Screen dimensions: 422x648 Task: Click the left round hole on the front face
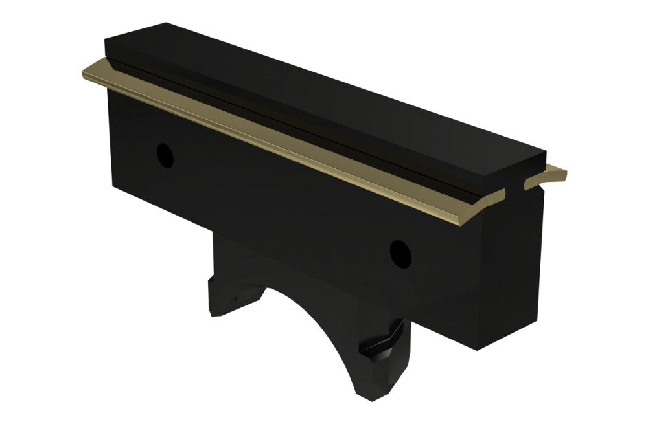(166, 155)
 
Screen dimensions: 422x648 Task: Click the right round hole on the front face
(400, 254)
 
